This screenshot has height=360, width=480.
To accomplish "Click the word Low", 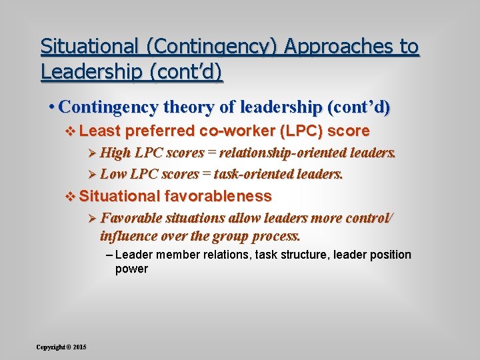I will [x=113, y=174].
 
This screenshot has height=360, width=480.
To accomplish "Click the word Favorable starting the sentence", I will [x=128, y=218].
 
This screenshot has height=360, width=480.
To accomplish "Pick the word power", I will [x=131, y=269].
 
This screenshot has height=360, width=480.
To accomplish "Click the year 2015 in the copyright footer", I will [x=80, y=347].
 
